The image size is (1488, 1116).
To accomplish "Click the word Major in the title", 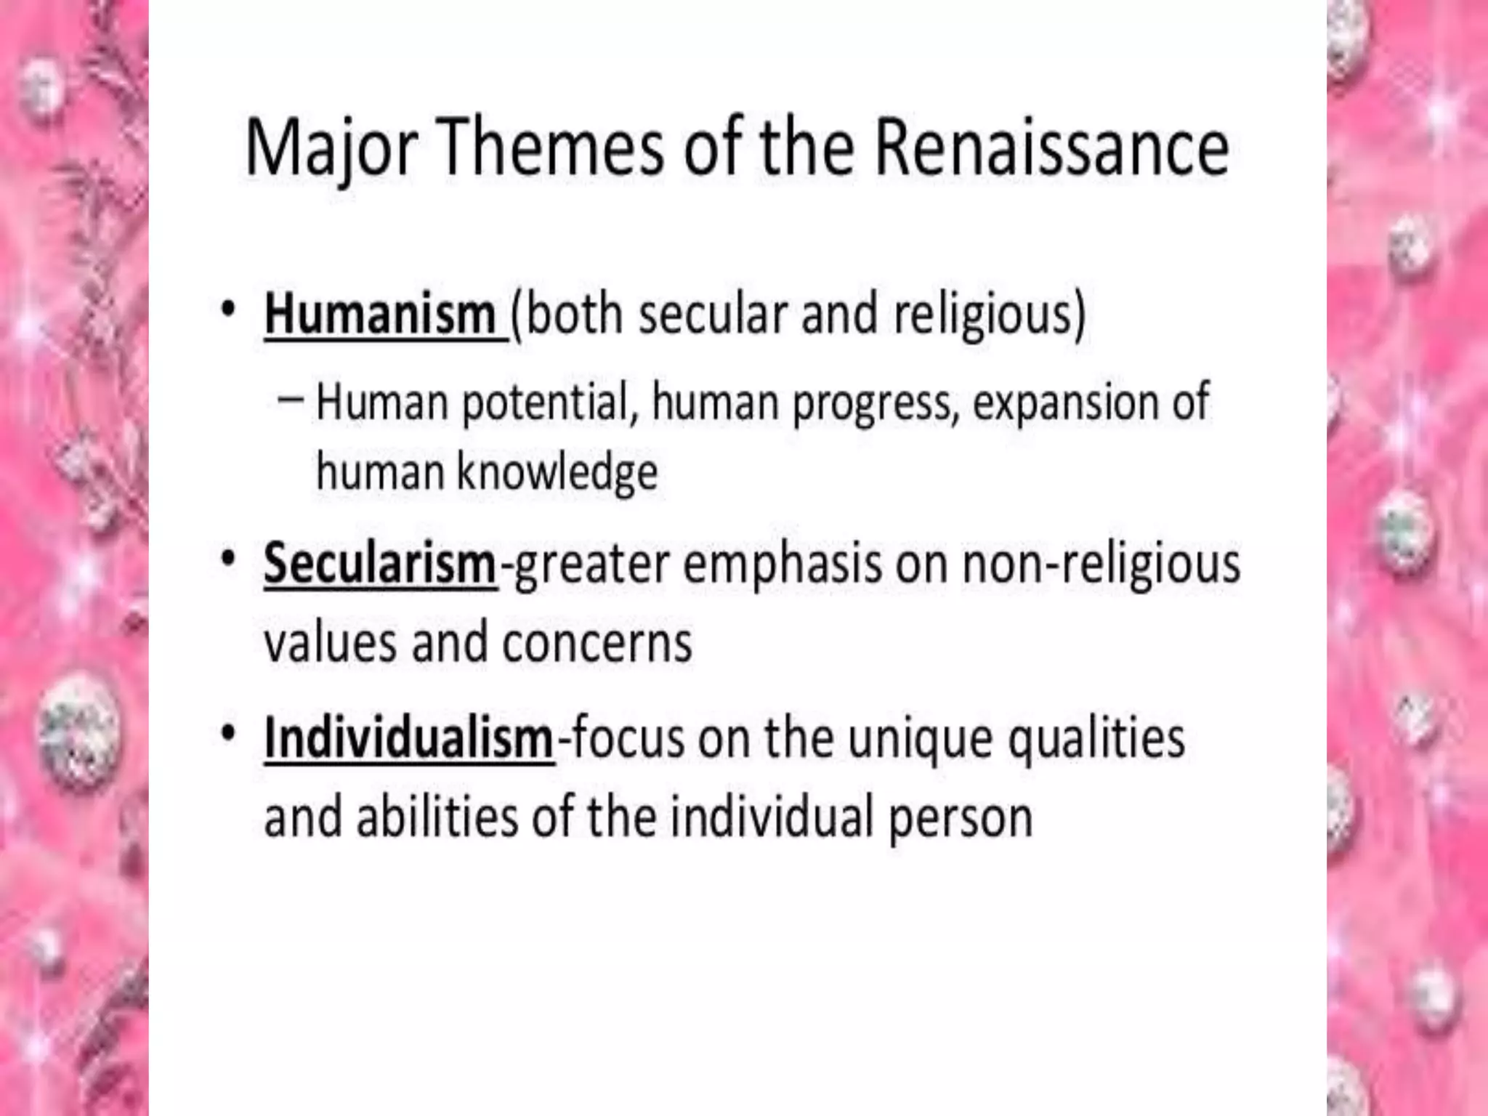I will click(331, 148).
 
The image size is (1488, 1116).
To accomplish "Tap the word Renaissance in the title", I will click(1051, 148).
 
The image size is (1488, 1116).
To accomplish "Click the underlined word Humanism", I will click(380, 315).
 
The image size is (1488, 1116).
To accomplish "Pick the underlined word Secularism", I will click(379, 564).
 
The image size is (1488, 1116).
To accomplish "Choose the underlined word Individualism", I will click(409, 738).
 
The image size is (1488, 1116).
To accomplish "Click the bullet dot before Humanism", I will click(229, 310).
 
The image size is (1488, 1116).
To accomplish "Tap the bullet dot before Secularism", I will click(229, 559).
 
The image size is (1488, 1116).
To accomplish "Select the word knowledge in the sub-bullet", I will click(557, 472).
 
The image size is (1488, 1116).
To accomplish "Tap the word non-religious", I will click(1101, 564).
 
